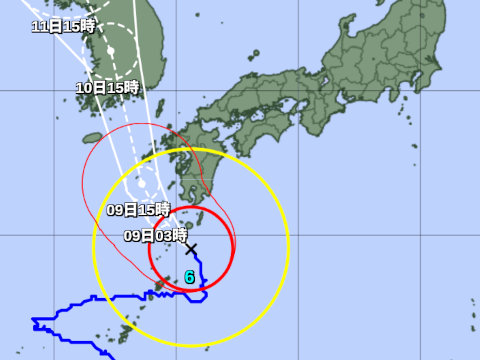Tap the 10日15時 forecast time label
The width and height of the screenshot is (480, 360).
tap(106, 88)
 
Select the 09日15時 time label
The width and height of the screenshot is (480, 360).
tap(138, 210)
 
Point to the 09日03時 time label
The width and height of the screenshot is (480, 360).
tap(155, 236)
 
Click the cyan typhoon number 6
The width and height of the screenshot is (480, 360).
tap(189, 277)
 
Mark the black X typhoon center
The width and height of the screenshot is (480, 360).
tap(191, 249)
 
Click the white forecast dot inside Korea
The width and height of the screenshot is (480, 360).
tap(112, 48)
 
